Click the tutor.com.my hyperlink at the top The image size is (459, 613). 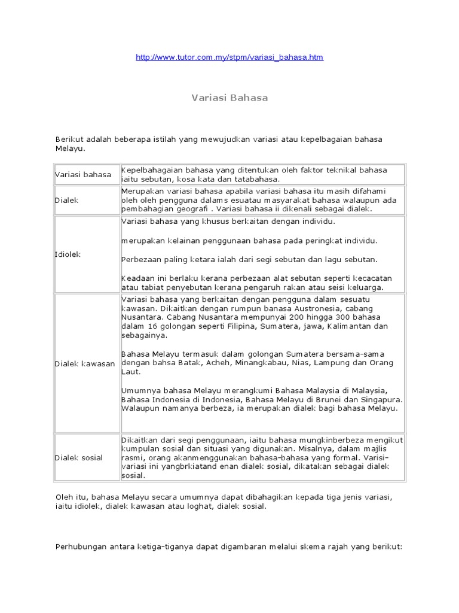229,57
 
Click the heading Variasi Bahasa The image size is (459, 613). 229,98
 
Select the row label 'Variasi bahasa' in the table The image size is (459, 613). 83,175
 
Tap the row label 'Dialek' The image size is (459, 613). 67,200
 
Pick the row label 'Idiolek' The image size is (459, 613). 68,254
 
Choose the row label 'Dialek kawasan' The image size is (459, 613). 85,363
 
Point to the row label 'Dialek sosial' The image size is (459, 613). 79,457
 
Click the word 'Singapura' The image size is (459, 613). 381,399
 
